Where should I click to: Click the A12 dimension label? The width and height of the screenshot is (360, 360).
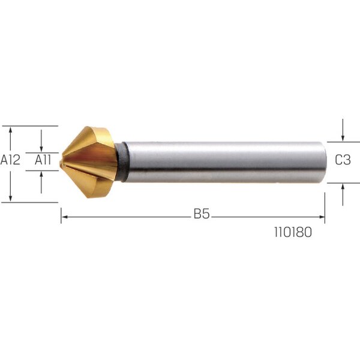10,160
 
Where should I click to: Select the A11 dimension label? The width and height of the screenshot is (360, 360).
43,160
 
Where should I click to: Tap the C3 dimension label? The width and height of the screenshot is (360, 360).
343,160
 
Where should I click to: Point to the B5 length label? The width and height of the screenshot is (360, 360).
202,214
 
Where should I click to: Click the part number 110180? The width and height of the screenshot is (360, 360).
293,232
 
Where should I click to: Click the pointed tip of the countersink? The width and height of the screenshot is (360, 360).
60,163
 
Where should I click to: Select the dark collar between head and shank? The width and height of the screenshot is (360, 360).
122,162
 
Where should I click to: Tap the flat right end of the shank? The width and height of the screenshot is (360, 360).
326,163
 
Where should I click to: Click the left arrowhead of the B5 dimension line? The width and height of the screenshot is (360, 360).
64,217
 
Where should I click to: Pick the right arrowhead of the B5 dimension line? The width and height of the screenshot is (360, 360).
322,217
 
